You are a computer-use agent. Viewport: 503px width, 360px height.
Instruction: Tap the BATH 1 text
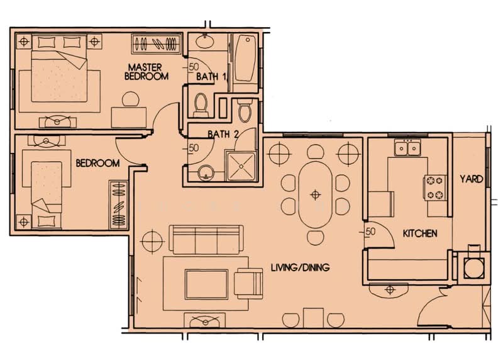(211, 77)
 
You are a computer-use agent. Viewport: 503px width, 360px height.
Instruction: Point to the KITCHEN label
(420, 233)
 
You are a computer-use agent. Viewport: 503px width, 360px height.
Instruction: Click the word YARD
(471, 179)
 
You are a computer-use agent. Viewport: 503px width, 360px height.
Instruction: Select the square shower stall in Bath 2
(240, 166)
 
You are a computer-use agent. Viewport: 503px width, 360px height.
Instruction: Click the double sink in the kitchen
(407, 149)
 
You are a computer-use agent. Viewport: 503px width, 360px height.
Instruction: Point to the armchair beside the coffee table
(248, 282)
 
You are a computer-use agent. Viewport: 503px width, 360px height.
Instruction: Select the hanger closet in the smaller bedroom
(118, 205)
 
